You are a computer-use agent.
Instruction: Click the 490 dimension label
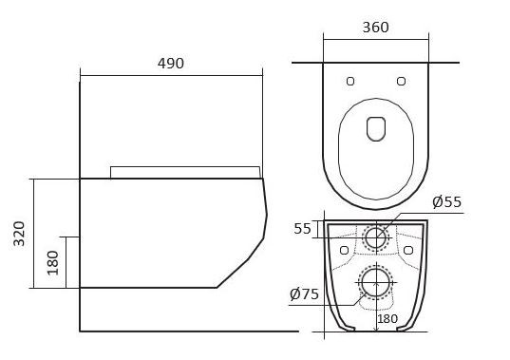point(171,64)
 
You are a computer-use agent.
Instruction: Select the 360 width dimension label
point(376,28)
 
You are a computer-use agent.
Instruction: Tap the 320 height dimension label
point(19,234)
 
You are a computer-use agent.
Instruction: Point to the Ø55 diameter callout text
point(447,202)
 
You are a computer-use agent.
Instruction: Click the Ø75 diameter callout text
point(304,294)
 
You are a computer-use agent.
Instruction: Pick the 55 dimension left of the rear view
point(303,229)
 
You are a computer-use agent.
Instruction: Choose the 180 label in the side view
point(52,263)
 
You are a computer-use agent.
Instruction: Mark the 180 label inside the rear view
point(387,319)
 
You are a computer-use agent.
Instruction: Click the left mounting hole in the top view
point(350,81)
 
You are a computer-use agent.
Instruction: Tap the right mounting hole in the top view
point(402,81)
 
